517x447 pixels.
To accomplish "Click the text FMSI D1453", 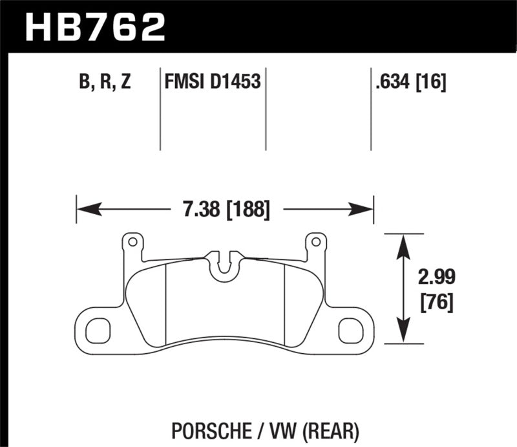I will tap(210, 82).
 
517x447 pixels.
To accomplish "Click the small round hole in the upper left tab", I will tap(132, 242).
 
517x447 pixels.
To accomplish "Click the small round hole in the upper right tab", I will tap(316, 242).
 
